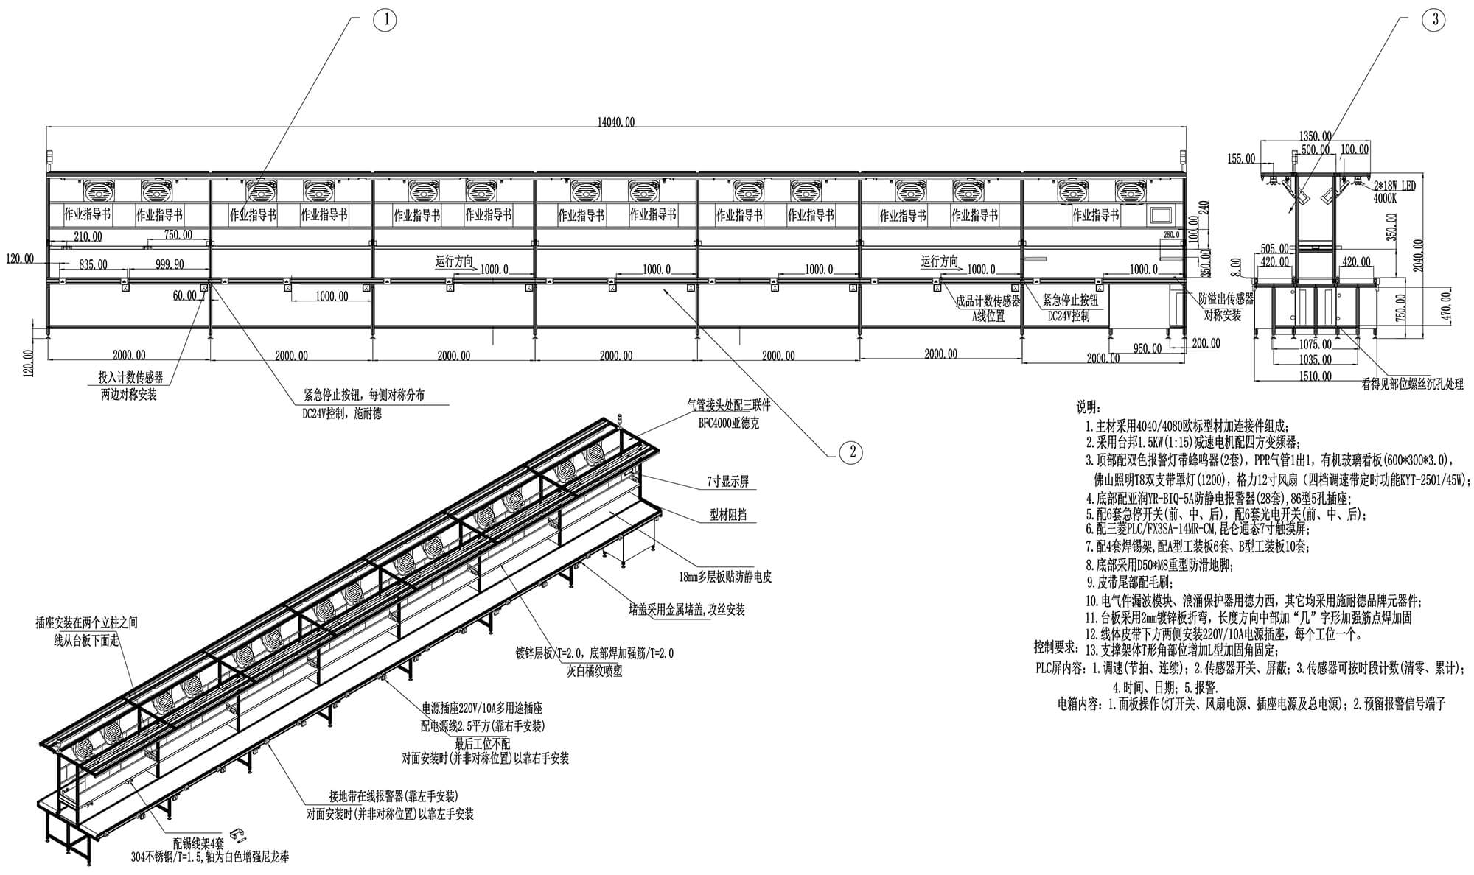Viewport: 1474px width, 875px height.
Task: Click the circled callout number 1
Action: click(385, 20)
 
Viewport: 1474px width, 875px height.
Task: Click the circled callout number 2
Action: click(852, 451)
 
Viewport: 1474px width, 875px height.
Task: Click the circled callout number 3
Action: click(1433, 20)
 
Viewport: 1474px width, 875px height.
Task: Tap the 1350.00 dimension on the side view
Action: click(1315, 136)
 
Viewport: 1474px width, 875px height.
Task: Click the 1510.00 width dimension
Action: click(1316, 376)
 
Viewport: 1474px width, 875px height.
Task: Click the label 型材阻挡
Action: click(727, 516)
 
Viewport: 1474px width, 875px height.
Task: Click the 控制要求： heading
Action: click(1058, 648)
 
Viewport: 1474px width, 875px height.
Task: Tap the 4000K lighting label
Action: click(1389, 198)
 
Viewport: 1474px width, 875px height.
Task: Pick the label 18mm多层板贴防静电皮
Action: click(725, 577)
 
